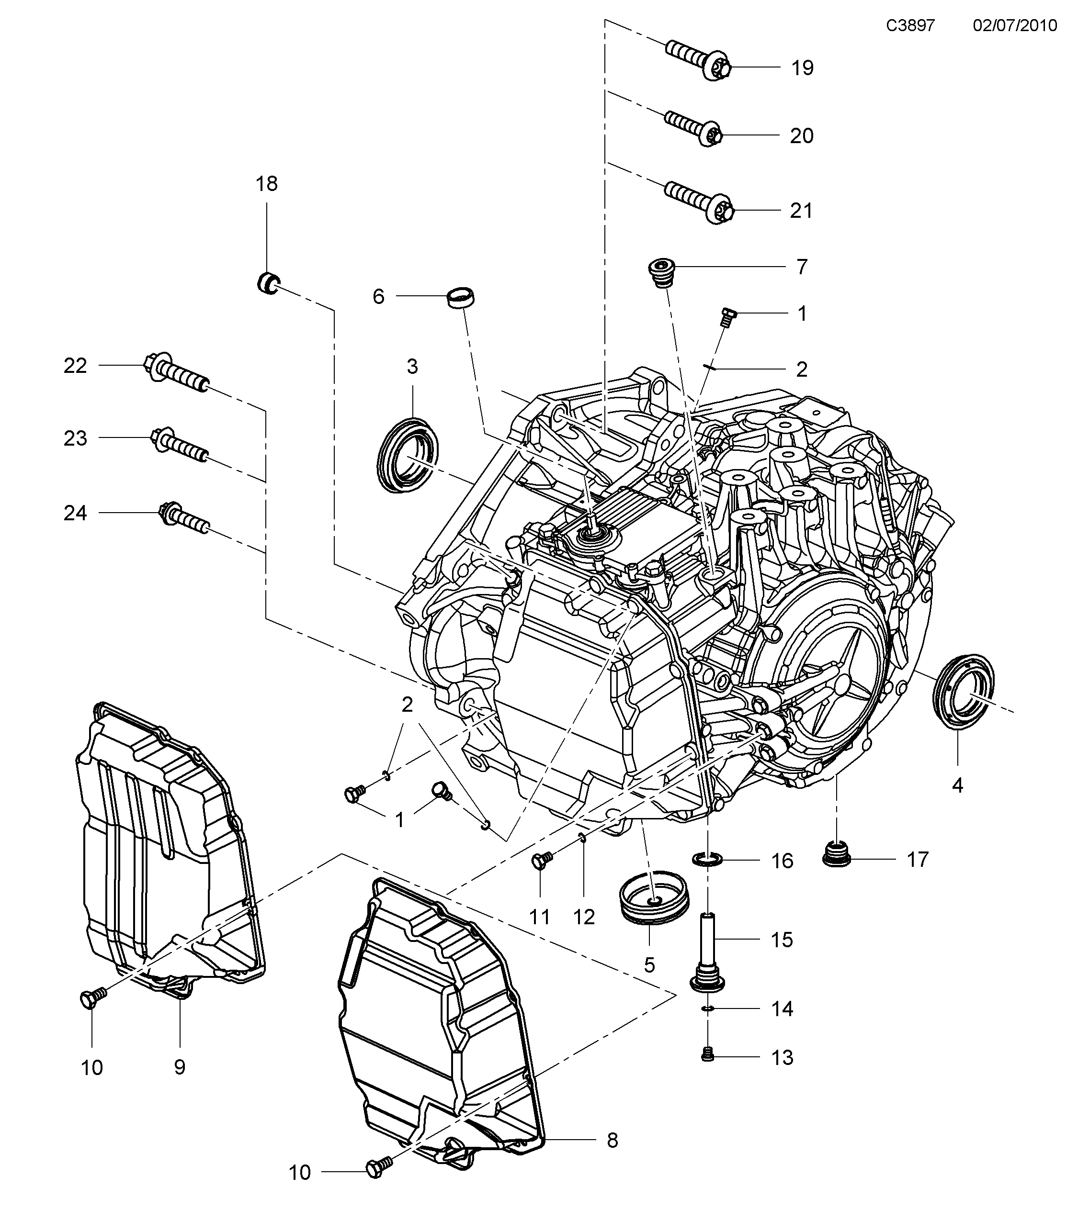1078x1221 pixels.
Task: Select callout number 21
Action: point(801,211)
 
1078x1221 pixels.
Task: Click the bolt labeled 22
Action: point(176,375)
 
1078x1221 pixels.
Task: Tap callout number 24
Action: point(75,513)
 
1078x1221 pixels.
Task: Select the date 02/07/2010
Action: point(1015,26)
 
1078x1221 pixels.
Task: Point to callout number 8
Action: point(613,1141)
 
